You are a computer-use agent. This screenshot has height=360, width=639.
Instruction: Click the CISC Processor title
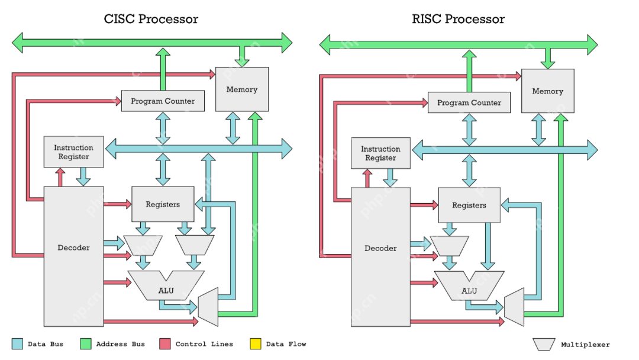[x=151, y=19]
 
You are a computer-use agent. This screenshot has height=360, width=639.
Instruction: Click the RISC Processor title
[x=458, y=19]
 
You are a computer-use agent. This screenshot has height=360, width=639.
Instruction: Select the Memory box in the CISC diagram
[x=241, y=89]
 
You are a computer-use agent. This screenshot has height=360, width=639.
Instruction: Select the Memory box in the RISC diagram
[x=547, y=91]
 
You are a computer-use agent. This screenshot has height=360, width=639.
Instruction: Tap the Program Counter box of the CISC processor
[x=163, y=101]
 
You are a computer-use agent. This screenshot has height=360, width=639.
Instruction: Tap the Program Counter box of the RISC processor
[x=469, y=102]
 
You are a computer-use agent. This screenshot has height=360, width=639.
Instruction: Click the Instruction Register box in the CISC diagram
[x=73, y=152]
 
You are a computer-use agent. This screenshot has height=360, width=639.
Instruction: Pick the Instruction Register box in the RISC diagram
[x=380, y=153]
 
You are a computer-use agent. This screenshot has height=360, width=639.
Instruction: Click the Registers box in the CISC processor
[x=163, y=204]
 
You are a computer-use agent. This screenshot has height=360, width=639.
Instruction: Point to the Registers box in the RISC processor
[x=469, y=205]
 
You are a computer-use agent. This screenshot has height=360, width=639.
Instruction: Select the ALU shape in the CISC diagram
[x=166, y=288]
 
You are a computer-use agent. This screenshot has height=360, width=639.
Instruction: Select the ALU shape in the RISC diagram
[x=469, y=289]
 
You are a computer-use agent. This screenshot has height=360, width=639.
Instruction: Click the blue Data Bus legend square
[x=18, y=343]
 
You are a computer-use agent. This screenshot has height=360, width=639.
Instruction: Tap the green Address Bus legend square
[x=86, y=343]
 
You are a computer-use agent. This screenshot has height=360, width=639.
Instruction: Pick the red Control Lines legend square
[x=165, y=343]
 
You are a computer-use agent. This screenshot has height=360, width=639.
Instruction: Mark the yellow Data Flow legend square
[x=256, y=343]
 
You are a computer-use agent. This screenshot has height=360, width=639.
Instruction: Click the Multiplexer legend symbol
[x=544, y=344]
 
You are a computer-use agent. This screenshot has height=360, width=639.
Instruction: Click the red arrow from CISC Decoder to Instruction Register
[x=60, y=176]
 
